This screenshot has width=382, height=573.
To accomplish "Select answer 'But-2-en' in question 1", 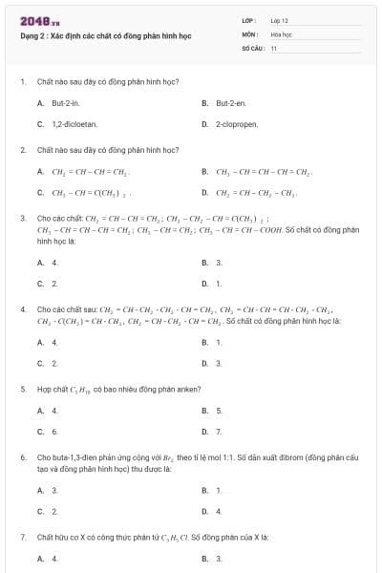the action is point(231,102).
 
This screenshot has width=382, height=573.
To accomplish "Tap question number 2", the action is point(22,150).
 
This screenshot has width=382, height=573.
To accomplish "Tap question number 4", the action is point(22,309).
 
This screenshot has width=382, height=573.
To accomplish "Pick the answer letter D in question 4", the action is point(205,363).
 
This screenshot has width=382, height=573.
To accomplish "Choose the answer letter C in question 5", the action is point(40,432).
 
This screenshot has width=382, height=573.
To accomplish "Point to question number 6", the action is point(22,458).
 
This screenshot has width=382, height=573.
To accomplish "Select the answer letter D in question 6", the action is point(205,511).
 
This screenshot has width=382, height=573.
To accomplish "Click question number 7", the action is point(22,538).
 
